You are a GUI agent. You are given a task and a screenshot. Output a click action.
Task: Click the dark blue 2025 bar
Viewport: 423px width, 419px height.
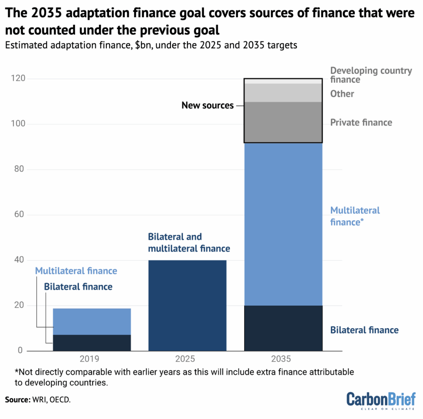tap(187, 305)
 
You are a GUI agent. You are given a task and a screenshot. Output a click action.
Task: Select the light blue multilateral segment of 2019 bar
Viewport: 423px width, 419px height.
tap(92, 322)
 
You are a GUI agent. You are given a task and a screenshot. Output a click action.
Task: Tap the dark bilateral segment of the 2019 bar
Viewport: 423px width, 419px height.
tap(92, 343)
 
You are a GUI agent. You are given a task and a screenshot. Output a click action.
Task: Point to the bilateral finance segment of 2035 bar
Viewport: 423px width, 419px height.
tap(283, 329)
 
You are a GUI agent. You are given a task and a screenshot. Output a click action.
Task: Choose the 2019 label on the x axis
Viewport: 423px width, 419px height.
tap(92, 359)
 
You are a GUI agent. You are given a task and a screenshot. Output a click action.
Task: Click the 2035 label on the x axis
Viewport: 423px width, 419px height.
tap(283, 359)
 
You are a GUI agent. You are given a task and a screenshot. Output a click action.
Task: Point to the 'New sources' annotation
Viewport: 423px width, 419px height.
tap(207, 106)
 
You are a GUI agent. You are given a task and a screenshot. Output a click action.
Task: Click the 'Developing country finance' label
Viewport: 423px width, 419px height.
tap(371, 75)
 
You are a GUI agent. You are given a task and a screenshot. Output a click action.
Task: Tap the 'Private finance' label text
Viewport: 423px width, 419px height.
tap(361, 123)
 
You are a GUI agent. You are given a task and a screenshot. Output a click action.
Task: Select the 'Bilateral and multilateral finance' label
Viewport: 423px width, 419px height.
tap(189, 243)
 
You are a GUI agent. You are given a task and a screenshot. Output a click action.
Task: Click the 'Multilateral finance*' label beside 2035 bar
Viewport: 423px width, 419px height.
tap(355, 216)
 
